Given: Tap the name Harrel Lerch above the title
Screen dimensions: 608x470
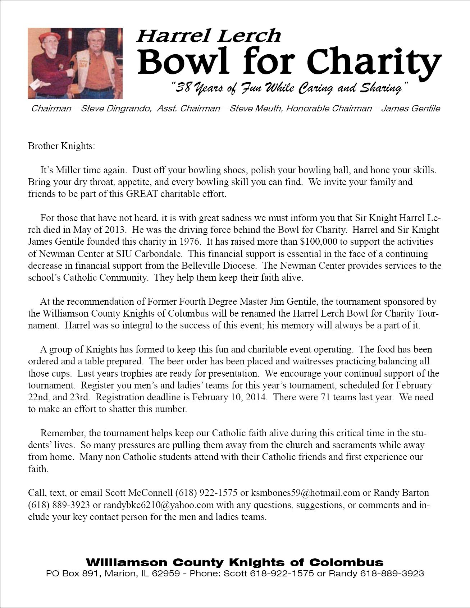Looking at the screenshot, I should [x=208, y=36].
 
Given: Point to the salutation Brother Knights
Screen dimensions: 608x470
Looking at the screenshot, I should [x=61, y=146].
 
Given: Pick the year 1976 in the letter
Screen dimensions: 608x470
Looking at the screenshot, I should [x=190, y=242].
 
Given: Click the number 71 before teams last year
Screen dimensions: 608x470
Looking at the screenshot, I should [x=324, y=397].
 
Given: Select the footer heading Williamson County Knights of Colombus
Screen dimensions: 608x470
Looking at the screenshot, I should [x=234, y=562].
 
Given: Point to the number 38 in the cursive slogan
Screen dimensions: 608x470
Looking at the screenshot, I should [x=184, y=88].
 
